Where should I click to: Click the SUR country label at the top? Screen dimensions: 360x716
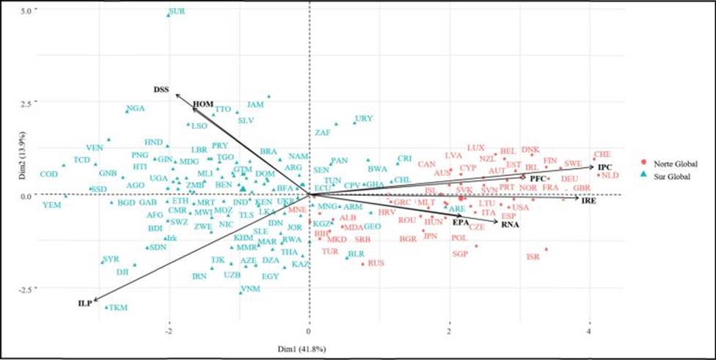[177, 12]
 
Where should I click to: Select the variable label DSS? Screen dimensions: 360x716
[161, 89]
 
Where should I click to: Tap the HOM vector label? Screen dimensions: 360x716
[202, 105]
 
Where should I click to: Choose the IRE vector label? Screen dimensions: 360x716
[588, 199]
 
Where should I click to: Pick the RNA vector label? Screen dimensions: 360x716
[511, 225]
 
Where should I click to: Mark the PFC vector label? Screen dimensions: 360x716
[539, 179]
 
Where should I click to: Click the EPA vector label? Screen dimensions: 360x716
[461, 221]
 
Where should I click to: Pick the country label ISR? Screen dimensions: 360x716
[533, 257]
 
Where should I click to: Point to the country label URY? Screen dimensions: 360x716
[363, 118]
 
